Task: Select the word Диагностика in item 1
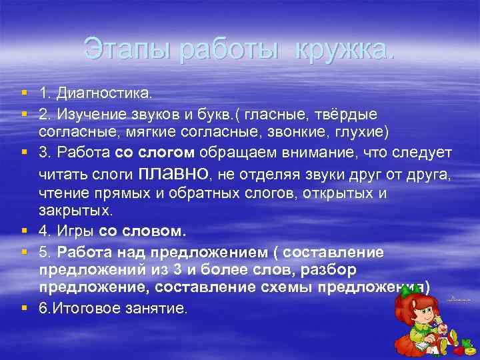pos(103,89)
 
